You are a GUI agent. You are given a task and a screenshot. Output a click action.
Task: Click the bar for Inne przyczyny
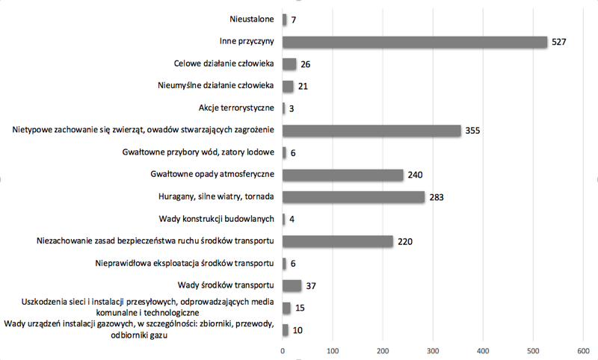tap(415, 42)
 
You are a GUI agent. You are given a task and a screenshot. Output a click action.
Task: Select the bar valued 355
tap(372, 131)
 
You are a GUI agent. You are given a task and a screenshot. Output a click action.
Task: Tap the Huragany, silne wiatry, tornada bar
tap(354, 197)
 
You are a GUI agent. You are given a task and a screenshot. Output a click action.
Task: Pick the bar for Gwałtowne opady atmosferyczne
tap(343, 175)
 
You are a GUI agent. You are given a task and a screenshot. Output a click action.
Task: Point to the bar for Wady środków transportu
tap(292, 285)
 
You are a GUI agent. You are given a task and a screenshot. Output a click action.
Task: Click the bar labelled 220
tap(338, 241)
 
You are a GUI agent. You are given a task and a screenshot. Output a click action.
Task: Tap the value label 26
tap(306, 64)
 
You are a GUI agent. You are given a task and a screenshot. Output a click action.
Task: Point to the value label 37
tap(312, 285)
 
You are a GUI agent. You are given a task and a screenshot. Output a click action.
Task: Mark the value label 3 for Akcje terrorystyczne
tap(291, 108)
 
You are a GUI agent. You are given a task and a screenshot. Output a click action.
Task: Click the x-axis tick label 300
tap(433, 350)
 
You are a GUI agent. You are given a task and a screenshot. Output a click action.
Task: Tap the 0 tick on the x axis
tap(283, 350)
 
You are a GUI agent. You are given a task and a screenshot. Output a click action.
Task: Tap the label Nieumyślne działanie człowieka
tap(218, 86)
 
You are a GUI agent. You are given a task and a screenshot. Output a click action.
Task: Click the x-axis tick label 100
tap(333, 350)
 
